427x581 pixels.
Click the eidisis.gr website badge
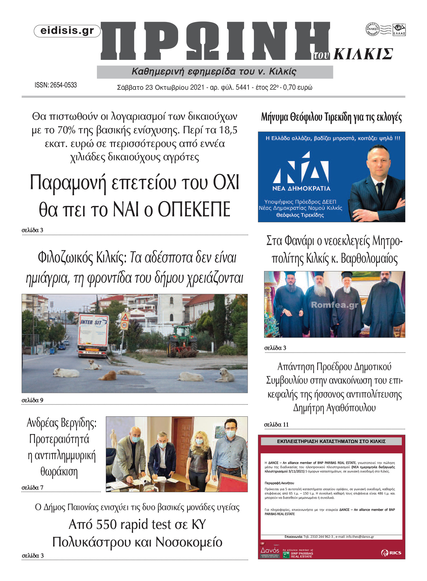click(67, 31)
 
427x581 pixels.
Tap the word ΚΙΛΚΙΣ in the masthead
click(363, 54)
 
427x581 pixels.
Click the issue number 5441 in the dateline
click(242, 87)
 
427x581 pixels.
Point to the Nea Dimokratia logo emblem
click(301, 168)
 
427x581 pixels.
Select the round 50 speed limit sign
click(124, 325)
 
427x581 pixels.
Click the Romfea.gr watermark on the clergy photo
click(334, 305)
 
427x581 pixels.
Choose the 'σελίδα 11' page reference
click(276, 424)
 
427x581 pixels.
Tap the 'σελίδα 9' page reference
click(32, 400)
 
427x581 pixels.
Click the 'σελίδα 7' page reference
click(32, 488)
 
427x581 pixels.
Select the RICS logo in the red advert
click(391, 553)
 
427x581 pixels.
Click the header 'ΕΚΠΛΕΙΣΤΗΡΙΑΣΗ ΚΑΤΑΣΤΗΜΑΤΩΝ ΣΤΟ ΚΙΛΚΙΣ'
click(331, 442)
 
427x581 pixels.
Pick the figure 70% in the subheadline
click(66, 130)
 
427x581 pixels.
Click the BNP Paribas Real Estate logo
click(298, 554)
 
